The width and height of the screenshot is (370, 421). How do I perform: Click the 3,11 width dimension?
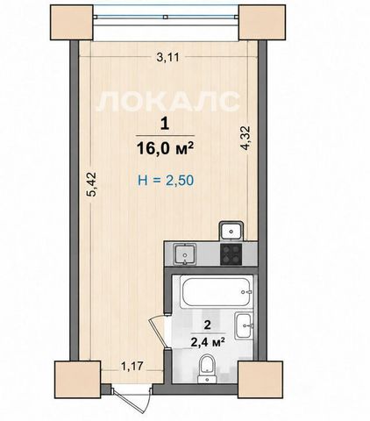click(x=167, y=57)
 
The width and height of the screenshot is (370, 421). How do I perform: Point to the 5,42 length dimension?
click(x=92, y=184)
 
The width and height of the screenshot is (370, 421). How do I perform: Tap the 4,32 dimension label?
click(x=245, y=138)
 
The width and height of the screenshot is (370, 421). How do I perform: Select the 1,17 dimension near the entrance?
click(x=132, y=366)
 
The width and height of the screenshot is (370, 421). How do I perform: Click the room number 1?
click(x=165, y=125)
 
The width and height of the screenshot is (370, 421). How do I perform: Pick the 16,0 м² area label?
click(x=165, y=148)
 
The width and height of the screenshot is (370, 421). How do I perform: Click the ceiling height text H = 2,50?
click(x=166, y=181)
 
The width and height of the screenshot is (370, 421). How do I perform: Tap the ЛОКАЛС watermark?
click(x=167, y=101)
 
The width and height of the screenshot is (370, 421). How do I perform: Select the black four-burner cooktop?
click(x=231, y=254)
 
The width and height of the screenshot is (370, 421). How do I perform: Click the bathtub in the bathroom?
click(x=216, y=293)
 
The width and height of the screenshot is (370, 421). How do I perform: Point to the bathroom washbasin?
click(x=244, y=325)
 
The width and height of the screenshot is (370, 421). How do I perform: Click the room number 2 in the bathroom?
click(x=208, y=325)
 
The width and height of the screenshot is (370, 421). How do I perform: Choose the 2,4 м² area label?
click(x=208, y=341)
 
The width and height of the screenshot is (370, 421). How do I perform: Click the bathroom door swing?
click(x=158, y=332)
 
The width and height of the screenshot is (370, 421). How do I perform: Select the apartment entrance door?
click(x=132, y=397)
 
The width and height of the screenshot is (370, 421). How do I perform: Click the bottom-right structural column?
click(x=260, y=380)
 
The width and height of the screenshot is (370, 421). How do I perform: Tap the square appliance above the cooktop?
click(x=231, y=231)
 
